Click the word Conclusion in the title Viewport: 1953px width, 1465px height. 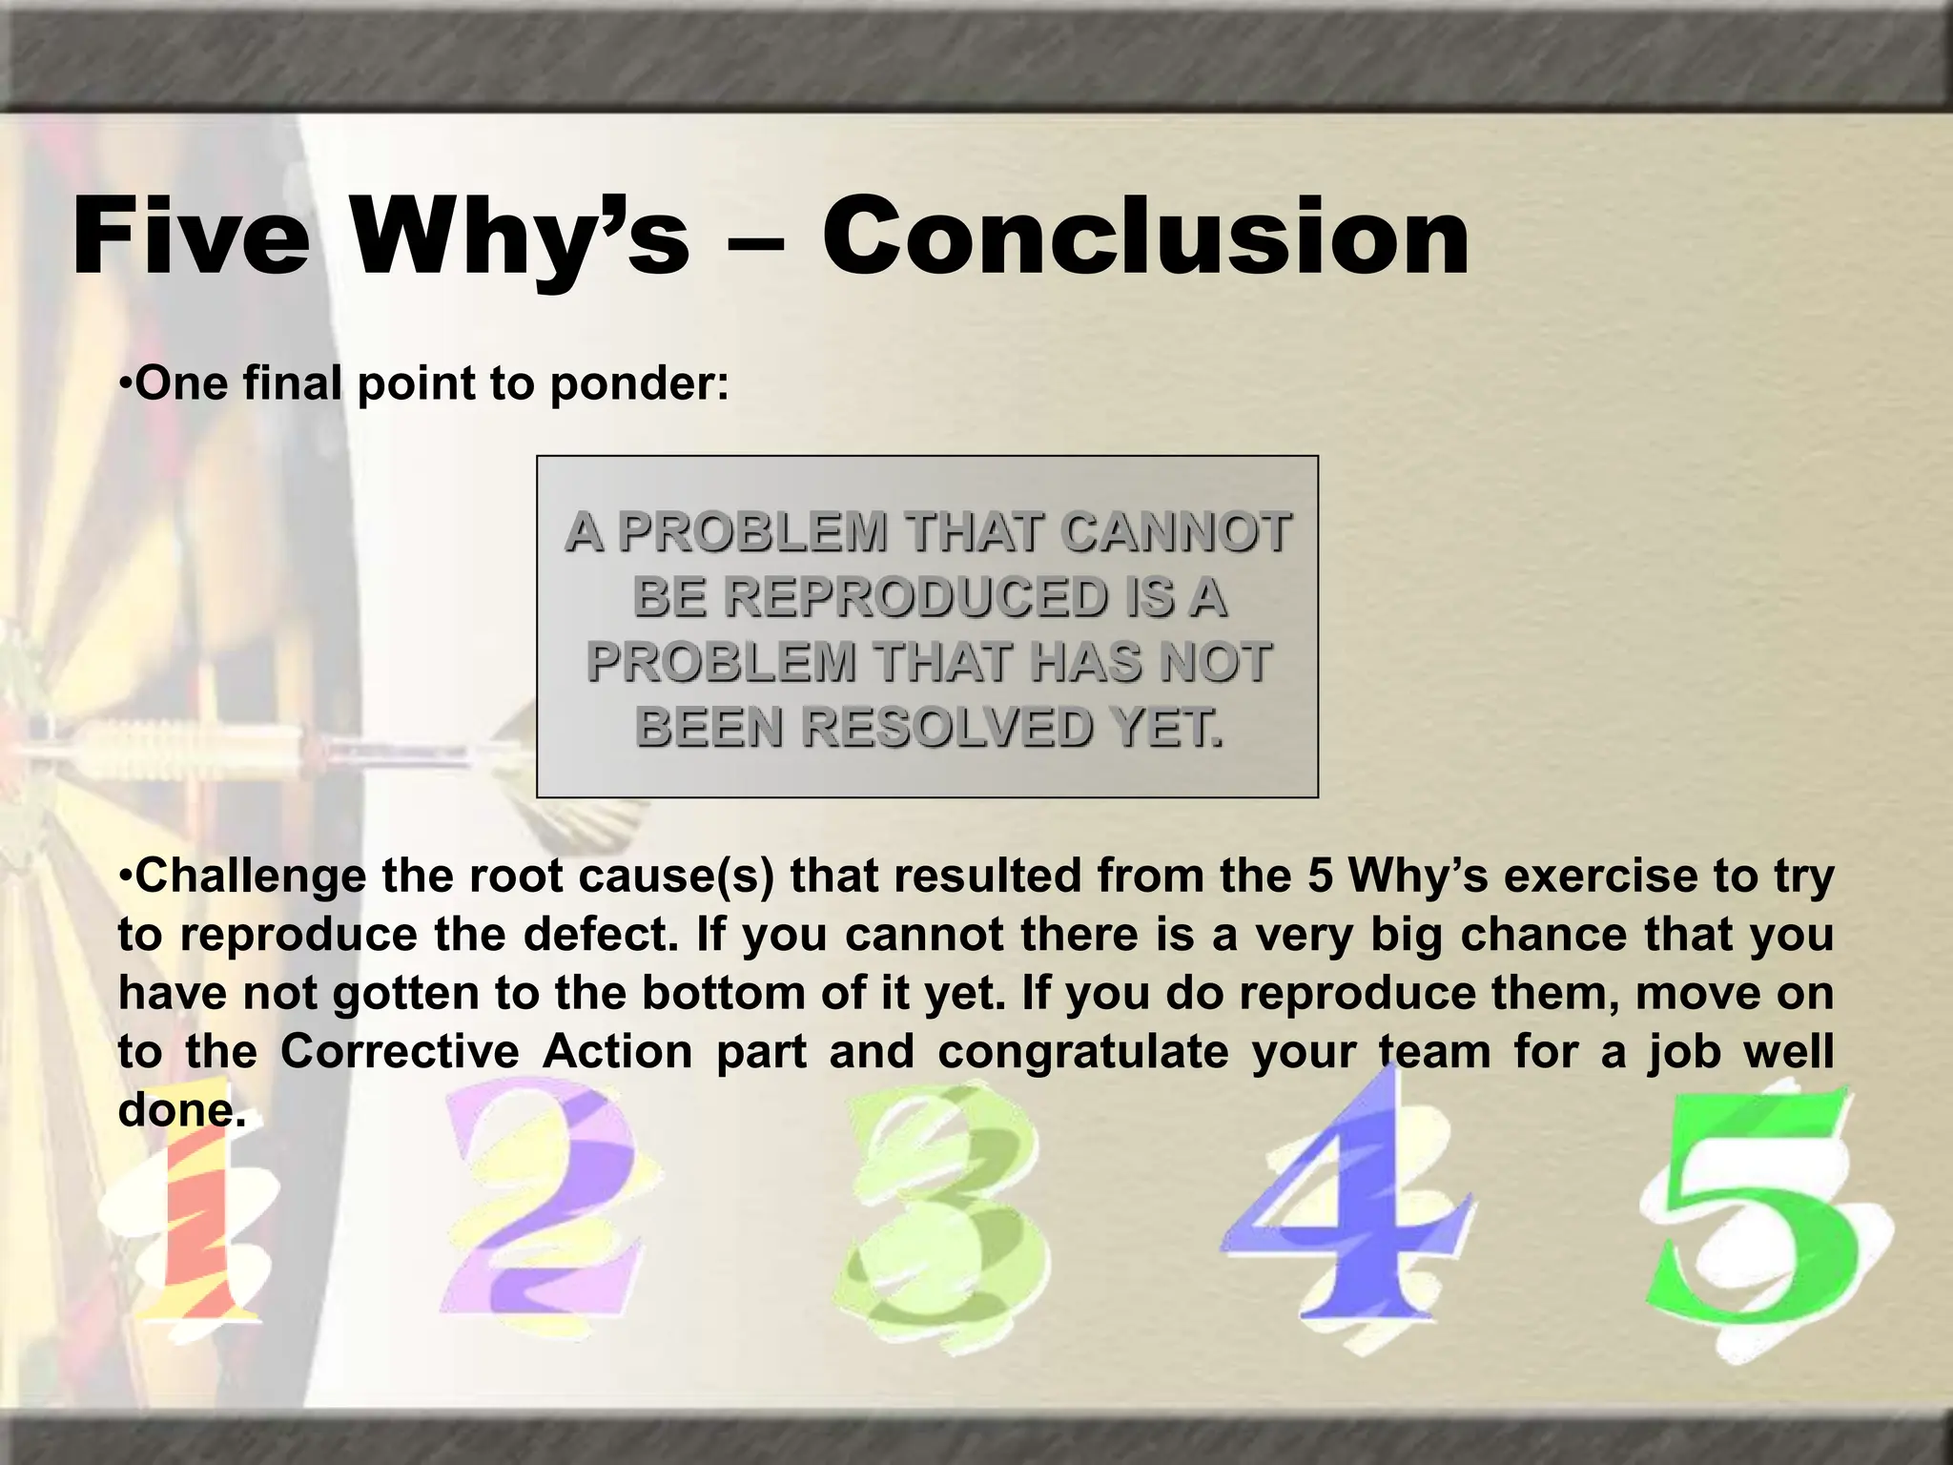(x=1146, y=237)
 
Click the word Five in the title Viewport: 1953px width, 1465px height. (x=191, y=237)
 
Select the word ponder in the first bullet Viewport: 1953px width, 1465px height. (x=639, y=384)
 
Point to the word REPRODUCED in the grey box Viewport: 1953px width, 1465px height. (x=869, y=597)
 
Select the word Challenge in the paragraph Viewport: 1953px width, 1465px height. (x=250, y=876)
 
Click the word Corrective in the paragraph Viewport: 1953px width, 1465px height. (x=400, y=1051)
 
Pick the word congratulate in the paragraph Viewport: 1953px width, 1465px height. (x=1083, y=1051)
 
